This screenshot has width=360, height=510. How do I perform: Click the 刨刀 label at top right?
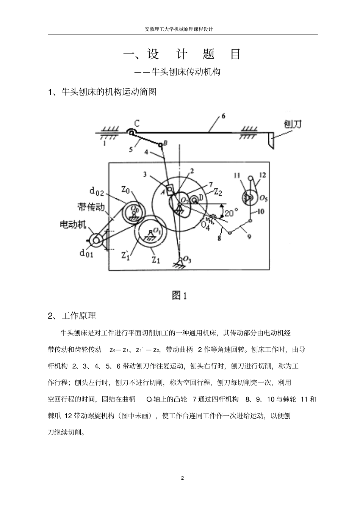(293, 124)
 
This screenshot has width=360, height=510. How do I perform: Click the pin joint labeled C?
(131, 133)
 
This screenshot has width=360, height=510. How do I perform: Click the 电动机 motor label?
(73, 225)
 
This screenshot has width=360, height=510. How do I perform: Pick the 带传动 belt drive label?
(91, 207)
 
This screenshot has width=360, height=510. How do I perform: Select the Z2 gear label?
(218, 192)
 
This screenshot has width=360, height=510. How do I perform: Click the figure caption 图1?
(179, 295)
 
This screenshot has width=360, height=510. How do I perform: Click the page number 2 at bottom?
(182, 478)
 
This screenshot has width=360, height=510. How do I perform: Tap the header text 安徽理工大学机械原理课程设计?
(179, 29)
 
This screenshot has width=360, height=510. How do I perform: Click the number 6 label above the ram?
(223, 117)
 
